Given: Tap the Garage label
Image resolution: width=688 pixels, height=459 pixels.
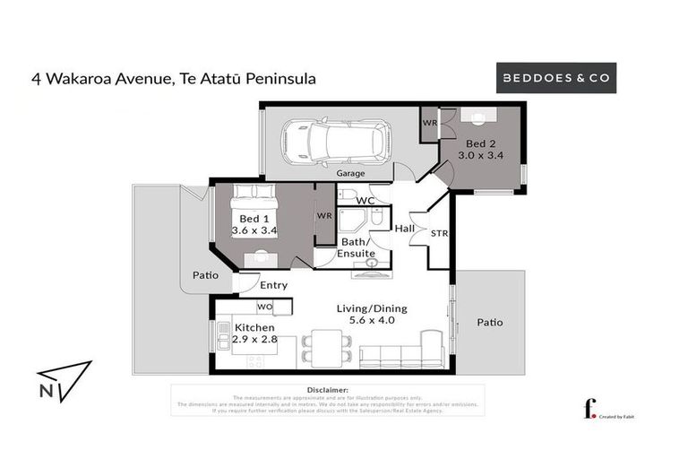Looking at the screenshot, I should pyautogui.click(x=352, y=174).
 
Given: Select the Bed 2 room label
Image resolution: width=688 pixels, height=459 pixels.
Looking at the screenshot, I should pyautogui.click(x=480, y=143).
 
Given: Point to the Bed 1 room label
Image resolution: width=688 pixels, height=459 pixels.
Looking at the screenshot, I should pyautogui.click(x=254, y=219).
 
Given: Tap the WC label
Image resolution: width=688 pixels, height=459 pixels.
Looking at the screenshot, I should pyautogui.click(x=365, y=201).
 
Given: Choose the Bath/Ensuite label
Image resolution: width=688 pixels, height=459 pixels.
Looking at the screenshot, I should pyautogui.click(x=356, y=248).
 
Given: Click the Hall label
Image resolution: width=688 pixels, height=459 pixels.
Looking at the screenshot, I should pyautogui.click(x=405, y=230).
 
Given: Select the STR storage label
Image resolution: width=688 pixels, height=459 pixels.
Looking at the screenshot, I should pyautogui.click(x=439, y=234).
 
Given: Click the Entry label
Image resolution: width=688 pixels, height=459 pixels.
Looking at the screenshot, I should pyautogui.click(x=274, y=285).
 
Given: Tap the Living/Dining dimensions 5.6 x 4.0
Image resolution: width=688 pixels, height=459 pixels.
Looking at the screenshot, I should pyautogui.click(x=365, y=320).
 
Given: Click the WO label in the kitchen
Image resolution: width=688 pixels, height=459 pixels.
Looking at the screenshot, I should pyautogui.click(x=265, y=307).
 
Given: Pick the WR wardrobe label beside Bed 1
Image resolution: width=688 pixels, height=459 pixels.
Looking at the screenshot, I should pyautogui.click(x=324, y=216).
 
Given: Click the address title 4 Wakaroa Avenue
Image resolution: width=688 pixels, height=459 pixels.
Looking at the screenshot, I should pyautogui.click(x=173, y=79).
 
